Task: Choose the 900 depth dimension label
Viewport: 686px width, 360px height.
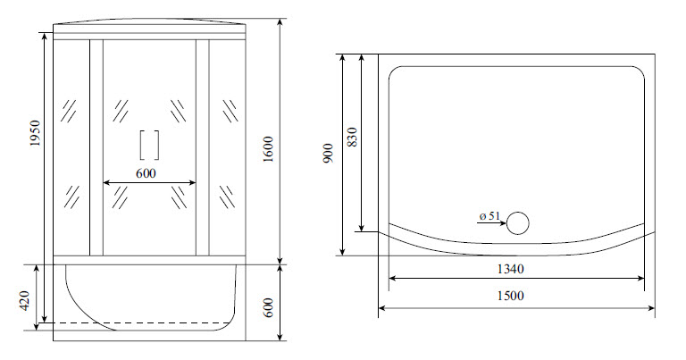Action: click(x=330, y=154)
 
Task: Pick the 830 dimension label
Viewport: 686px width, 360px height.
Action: click(x=352, y=137)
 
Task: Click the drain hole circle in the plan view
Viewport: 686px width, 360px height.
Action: click(x=518, y=223)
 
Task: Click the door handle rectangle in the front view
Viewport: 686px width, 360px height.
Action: click(x=149, y=145)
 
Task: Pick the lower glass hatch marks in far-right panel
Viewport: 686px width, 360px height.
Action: click(x=229, y=194)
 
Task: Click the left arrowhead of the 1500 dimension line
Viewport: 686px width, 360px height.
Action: click(x=384, y=309)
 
